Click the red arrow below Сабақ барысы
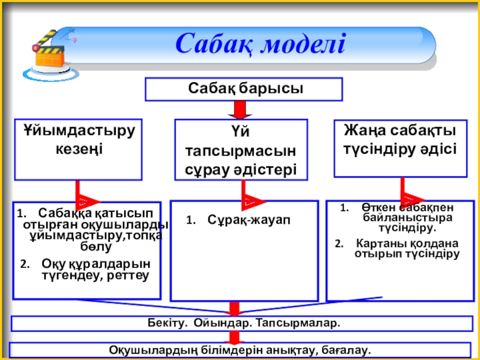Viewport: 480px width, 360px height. pyautogui.click(x=239, y=110)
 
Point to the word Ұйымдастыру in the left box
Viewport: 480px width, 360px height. pyautogui.click(x=79, y=130)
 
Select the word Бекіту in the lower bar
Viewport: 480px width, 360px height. pyautogui.click(x=166, y=323)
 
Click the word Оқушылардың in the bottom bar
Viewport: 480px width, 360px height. pyautogui.click(x=148, y=349)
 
